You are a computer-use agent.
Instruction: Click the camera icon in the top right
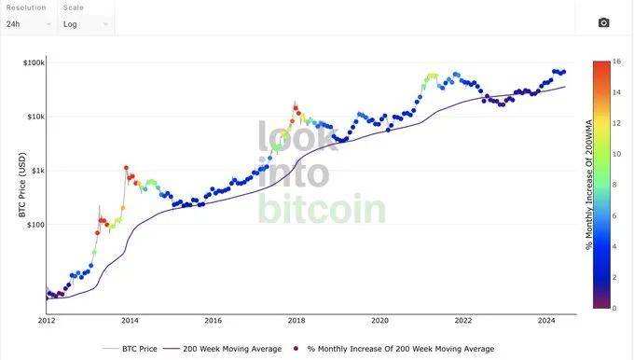[603, 23]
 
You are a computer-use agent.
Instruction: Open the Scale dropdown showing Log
[85, 24]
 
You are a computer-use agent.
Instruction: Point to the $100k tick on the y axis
[34, 62]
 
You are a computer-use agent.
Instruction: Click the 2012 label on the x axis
[47, 320]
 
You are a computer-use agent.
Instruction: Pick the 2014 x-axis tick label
[130, 320]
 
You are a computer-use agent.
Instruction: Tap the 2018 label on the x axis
[296, 320]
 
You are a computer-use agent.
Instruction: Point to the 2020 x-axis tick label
[379, 320]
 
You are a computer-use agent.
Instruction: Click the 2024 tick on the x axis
[546, 320]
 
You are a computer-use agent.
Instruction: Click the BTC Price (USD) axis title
[22, 187]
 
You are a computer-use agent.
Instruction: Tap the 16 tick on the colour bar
[617, 62]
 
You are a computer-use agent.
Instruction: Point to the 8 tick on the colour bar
[616, 185]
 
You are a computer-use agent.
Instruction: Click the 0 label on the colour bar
[616, 308]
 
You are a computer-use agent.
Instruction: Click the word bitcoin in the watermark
[321, 210]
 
